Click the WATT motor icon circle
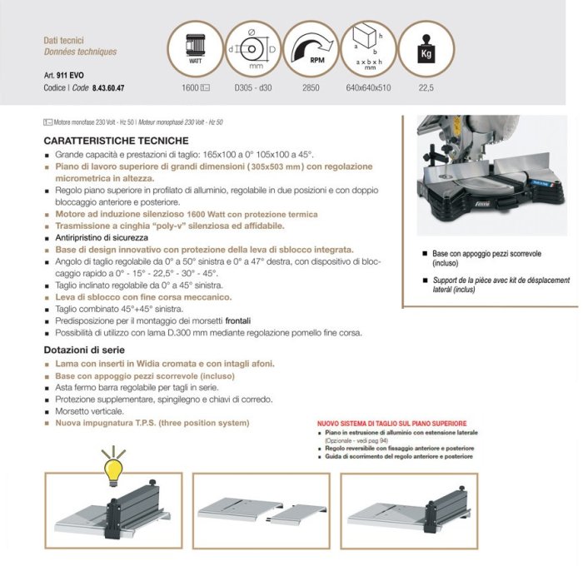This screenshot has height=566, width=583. pyautogui.click(x=197, y=47)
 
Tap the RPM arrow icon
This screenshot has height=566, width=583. pyautogui.click(x=311, y=47)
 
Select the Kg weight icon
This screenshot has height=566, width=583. pyautogui.click(x=426, y=47)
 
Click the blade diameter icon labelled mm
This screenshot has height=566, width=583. pyautogui.click(x=253, y=47)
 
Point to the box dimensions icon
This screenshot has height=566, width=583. pyautogui.click(x=368, y=47)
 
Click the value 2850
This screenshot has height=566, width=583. pyautogui.click(x=311, y=87)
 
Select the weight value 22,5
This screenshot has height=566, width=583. pyautogui.click(x=427, y=87)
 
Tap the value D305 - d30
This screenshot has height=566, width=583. pyautogui.click(x=253, y=87)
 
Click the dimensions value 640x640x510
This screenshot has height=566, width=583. pyautogui.click(x=367, y=87)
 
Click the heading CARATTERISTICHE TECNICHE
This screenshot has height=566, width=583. pyautogui.click(x=116, y=141)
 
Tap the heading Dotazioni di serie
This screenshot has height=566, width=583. pyautogui.click(x=89, y=350)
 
